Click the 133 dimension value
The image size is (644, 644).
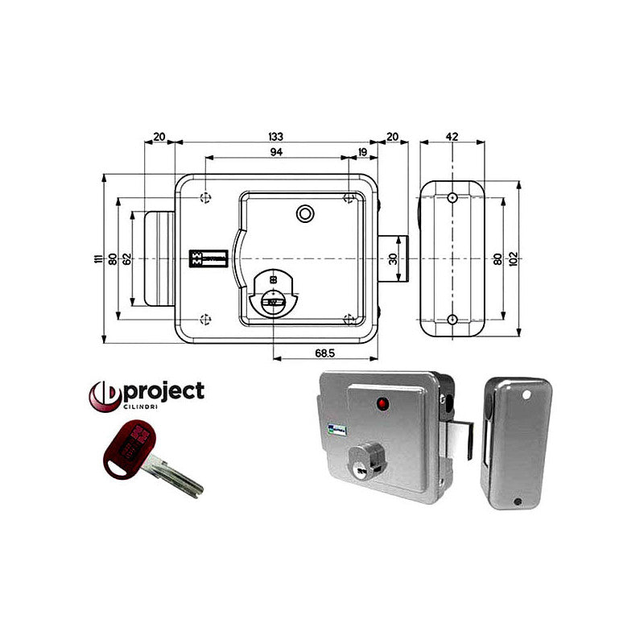(x=276, y=136)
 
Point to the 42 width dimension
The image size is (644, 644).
(x=452, y=136)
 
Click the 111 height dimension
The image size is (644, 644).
(x=97, y=258)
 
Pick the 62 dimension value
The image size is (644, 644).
(x=127, y=258)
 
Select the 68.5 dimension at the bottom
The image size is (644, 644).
(x=325, y=353)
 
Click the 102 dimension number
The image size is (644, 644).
(x=513, y=258)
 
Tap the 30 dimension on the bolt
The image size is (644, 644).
(x=393, y=258)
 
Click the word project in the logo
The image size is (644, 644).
(x=163, y=392)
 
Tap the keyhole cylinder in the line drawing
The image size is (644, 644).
(x=272, y=294)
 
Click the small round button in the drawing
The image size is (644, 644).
(x=305, y=213)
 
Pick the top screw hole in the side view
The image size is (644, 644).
(x=452, y=196)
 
